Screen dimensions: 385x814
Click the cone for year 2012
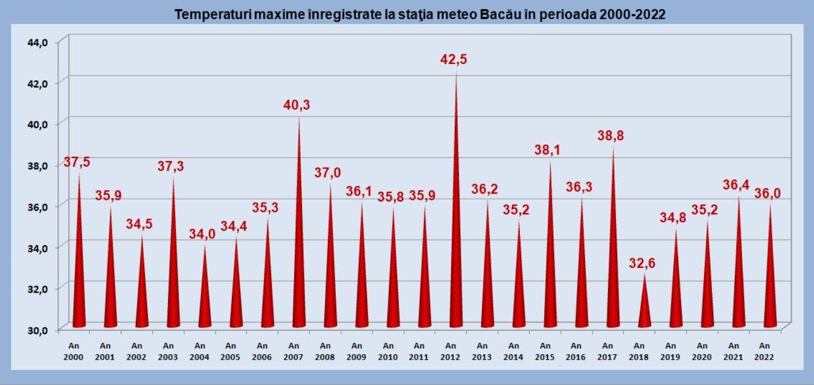pyautogui.click(x=456, y=241)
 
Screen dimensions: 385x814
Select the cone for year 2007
pyautogui.click(x=299, y=259)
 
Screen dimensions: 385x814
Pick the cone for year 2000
pyautogui.click(x=79, y=272)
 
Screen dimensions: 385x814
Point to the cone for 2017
pyautogui.click(x=614, y=266)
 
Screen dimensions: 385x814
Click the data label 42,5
pyautogui.click(x=454, y=60)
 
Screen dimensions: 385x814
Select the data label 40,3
pyautogui.click(x=296, y=105)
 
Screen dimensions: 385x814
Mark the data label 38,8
pyautogui.click(x=611, y=136)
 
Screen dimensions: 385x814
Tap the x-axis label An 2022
pyautogui.click(x=764, y=351)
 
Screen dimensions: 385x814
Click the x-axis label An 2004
pyautogui.click(x=199, y=351)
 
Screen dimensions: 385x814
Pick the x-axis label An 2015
pyautogui.click(x=545, y=351)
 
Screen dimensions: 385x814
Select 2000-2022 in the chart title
pyautogui.click(x=632, y=15)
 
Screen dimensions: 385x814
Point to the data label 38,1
pyautogui.click(x=548, y=150)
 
